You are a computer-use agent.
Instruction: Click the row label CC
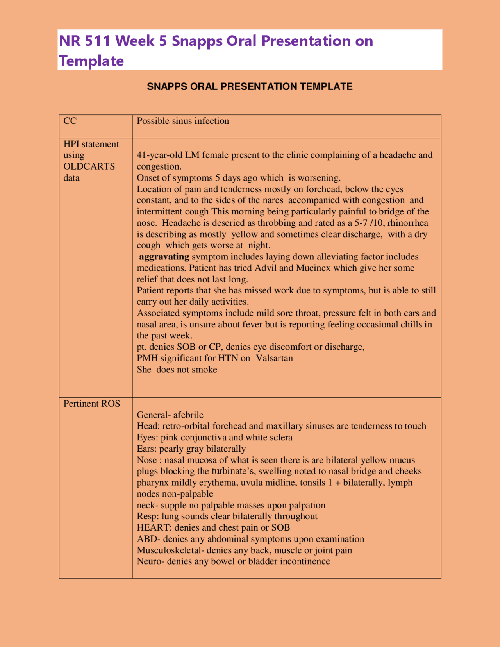[70, 121]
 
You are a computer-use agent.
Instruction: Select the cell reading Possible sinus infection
[183, 121]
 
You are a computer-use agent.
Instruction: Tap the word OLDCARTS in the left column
[89, 166]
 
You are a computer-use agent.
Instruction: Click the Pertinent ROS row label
[92, 404]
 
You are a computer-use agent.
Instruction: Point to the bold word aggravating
[164, 257]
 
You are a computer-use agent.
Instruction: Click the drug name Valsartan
[274, 358]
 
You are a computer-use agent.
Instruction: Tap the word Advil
[266, 268]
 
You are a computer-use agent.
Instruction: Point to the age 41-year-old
[159, 155]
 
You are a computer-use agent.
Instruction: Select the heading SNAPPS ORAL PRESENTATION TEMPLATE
[250, 87]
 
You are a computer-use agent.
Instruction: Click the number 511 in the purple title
[98, 41]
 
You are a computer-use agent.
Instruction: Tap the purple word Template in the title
[91, 61]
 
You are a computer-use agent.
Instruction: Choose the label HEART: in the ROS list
[154, 528]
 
